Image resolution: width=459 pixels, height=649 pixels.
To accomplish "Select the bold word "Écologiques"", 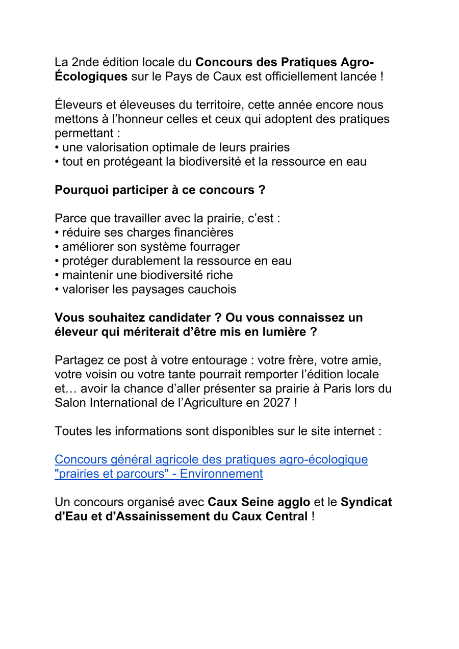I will (91, 77).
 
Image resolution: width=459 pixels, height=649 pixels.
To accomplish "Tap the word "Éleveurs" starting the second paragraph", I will (79, 106).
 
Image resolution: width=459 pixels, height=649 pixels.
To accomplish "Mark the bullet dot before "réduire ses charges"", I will (57, 233).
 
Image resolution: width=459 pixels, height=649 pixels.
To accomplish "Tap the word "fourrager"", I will (214, 247).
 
